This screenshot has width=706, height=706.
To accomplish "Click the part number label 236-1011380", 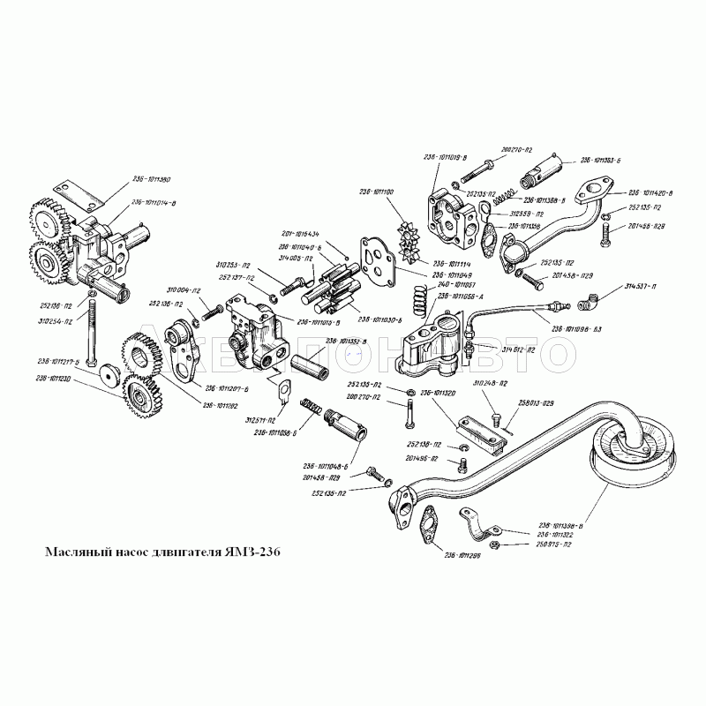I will tap(152, 179).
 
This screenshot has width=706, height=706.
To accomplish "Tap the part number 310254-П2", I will tap(55, 321).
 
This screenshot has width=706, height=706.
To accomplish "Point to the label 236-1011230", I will tap(54, 379).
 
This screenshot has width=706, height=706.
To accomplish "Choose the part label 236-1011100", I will tap(377, 192).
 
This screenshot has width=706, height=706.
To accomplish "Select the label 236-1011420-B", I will tap(650, 192).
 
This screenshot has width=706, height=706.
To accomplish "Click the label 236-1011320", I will tap(438, 394).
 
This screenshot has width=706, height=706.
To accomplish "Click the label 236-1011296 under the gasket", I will tap(462, 554).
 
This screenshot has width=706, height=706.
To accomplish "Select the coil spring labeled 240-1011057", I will tap(423, 309).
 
